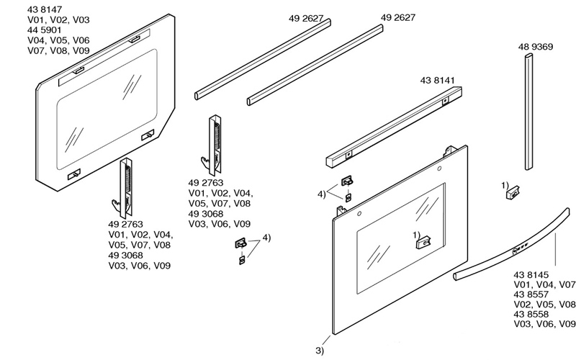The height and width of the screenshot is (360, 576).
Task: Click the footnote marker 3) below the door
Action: pyautogui.click(x=320, y=351)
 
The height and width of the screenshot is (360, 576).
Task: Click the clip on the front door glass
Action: pyautogui.click(x=421, y=243)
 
